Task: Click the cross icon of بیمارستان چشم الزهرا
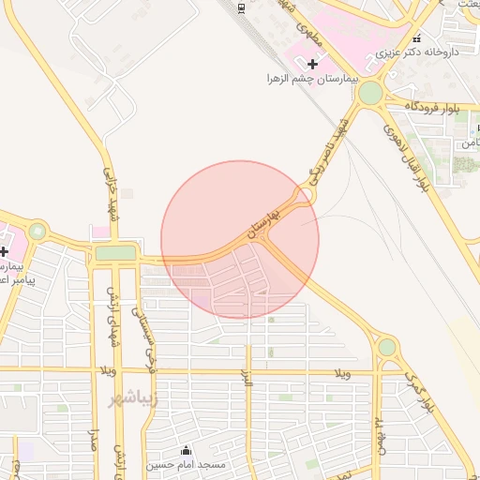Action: click(312, 63)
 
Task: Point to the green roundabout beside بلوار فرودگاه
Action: click(370, 93)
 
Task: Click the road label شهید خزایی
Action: click(110, 187)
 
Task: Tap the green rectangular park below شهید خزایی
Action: click(115, 253)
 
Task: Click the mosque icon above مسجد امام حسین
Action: click(186, 451)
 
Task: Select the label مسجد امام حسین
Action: click(186, 465)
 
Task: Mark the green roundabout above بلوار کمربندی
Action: click(386, 347)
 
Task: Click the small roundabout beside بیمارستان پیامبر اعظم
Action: click(37, 231)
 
